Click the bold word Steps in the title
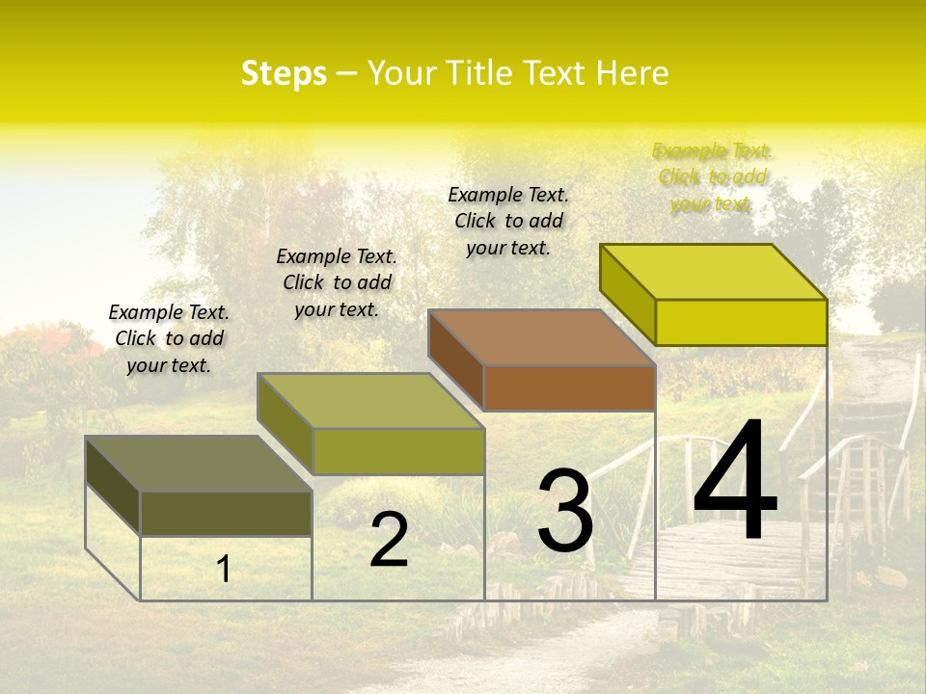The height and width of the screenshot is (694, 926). click(284, 74)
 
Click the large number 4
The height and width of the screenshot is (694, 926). click(735, 482)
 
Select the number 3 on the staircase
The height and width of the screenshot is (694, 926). click(564, 511)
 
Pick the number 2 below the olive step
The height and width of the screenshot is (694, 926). click(389, 541)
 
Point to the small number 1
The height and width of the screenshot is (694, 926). click(223, 569)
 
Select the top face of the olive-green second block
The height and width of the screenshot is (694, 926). click(370, 400)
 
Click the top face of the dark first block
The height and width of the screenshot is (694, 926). click(199, 463)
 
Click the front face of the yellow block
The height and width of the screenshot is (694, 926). click(741, 322)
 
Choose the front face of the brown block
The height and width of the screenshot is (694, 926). click(569, 388)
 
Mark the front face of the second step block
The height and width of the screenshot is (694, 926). click(398, 451)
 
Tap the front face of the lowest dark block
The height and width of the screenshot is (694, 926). click(226, 514)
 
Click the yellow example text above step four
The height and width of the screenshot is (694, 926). click(712, 177)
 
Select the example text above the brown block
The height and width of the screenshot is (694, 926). click(508, 221)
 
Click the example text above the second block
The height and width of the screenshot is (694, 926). click(337, 282)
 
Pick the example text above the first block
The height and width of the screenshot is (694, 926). click(169, 338)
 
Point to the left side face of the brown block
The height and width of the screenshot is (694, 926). click(455, 359)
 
